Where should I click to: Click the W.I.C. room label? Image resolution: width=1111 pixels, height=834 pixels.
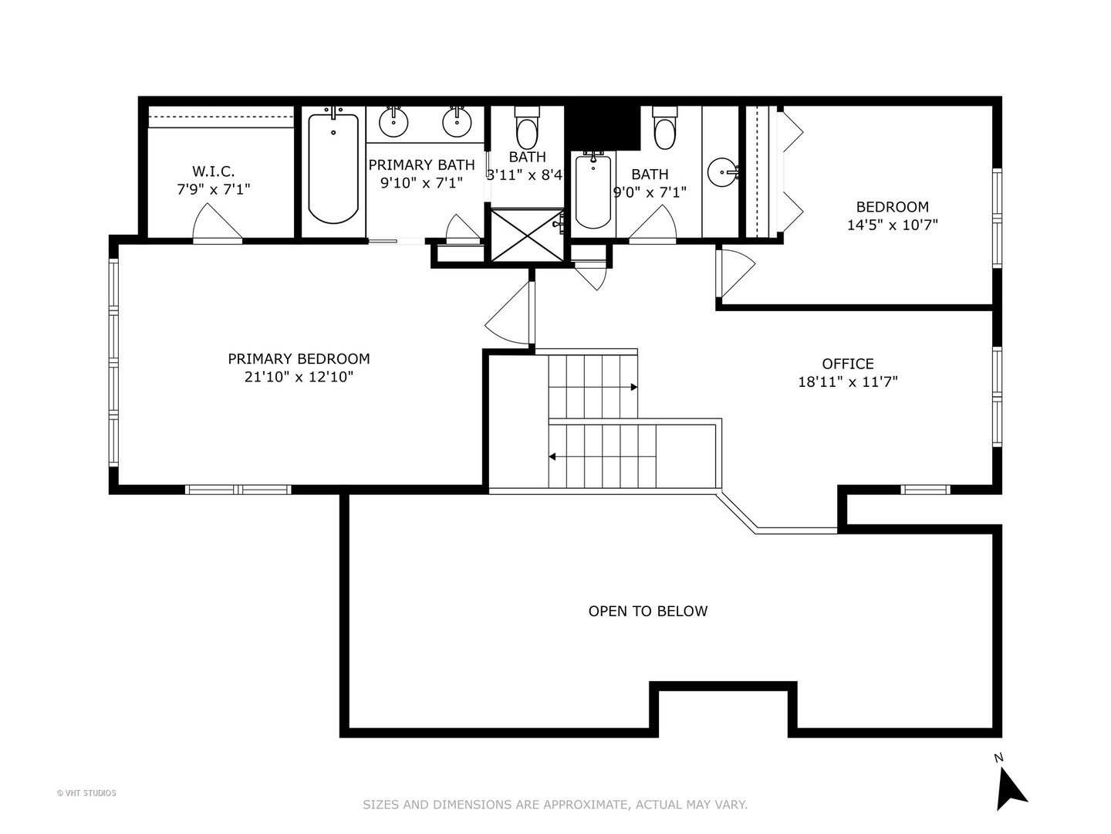click(x=213, y=171)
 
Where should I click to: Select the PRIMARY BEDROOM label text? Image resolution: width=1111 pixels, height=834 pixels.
click(x=299, y=358)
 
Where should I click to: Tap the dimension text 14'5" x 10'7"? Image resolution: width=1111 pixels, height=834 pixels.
click(x=892, y=225)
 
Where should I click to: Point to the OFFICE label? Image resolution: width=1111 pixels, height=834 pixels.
click(x=847, y=364)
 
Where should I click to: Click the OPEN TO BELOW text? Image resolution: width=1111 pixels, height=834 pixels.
click(x=647, y=611)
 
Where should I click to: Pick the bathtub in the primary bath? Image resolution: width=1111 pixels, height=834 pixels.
click(x=333, y=168)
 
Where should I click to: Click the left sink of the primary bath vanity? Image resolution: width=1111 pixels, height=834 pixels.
click(x=393, y=122)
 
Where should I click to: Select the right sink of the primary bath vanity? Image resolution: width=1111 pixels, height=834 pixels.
click(x=457, y=122)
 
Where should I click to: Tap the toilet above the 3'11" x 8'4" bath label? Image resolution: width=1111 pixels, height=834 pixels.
click(x=527, y=131)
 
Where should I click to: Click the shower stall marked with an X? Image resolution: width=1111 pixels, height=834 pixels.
click(x=527, y=234)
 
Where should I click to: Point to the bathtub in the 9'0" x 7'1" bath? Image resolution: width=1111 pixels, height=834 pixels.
click(x=593, y=191)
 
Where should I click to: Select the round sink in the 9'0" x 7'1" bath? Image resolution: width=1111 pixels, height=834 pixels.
click(x=723, y=172)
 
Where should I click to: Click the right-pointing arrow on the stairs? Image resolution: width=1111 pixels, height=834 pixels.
click(x=633, y=387)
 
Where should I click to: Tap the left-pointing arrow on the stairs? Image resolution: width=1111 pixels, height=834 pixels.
click(x=552, y=457)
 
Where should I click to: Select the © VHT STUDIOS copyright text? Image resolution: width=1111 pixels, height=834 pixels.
click(x=86, y=793)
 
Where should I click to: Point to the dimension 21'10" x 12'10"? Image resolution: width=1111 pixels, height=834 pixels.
click(x=299, y=377)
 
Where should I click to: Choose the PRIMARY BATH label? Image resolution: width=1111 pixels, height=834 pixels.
click(x=421, y=164)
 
